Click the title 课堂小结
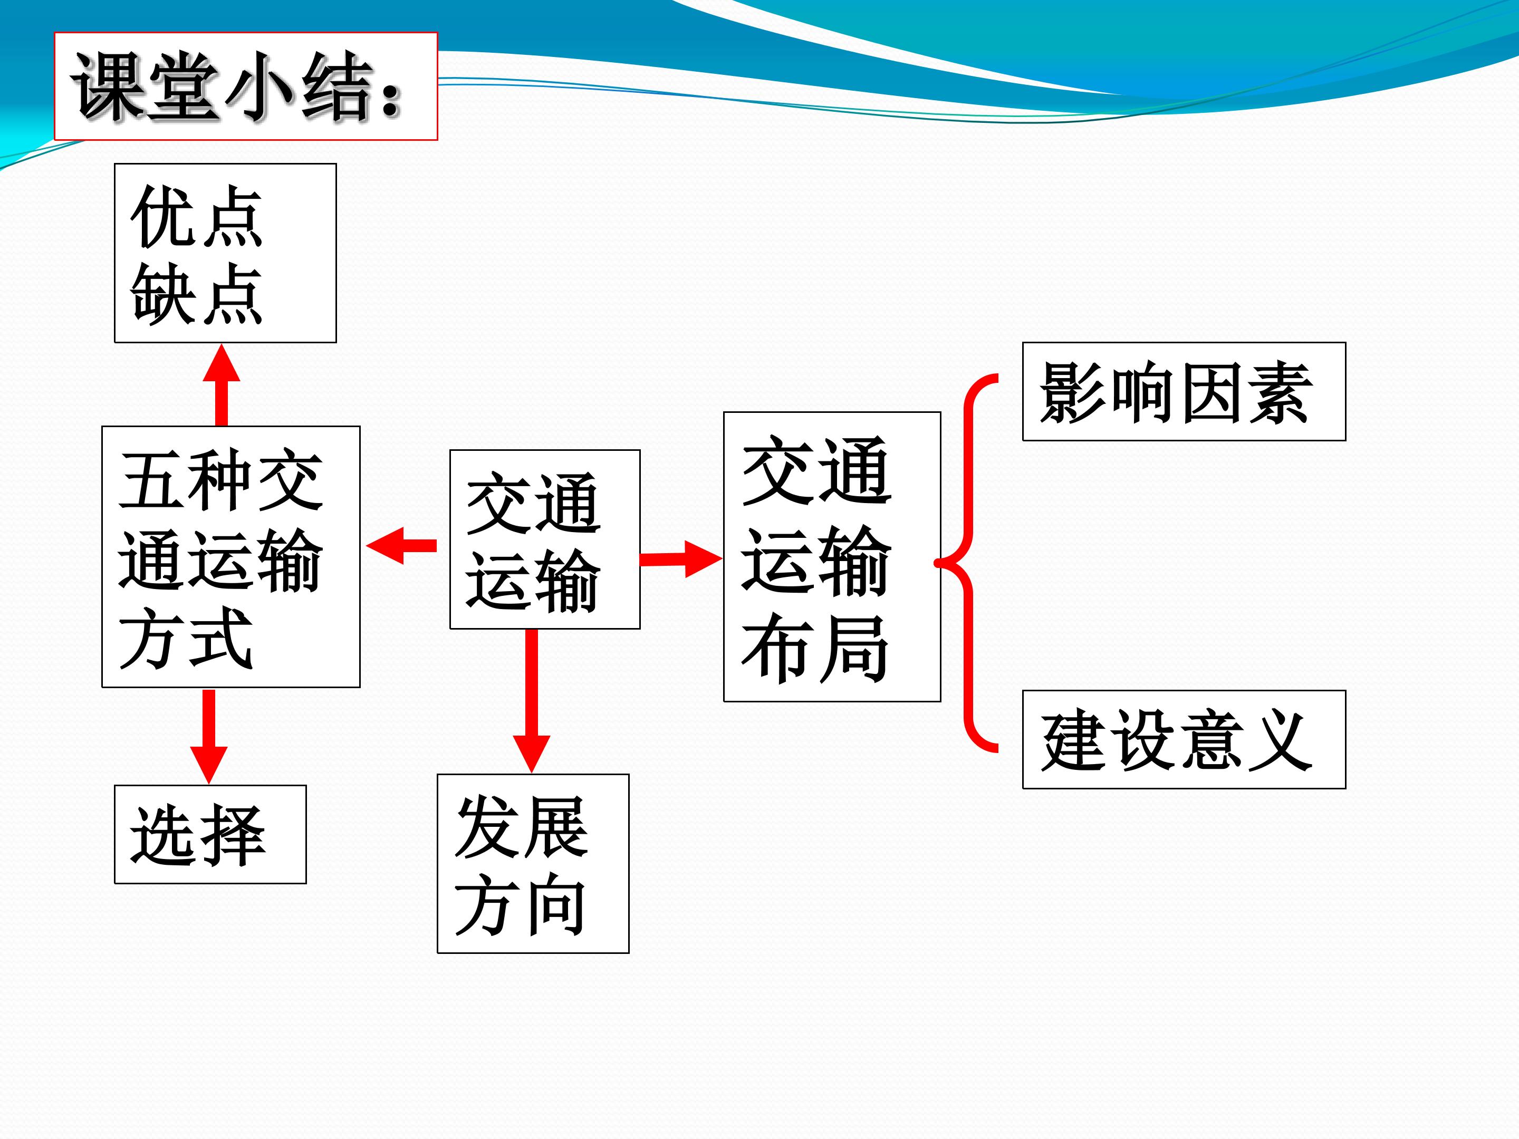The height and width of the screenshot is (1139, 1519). pos(237,87)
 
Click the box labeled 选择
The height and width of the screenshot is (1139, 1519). pos(209,834)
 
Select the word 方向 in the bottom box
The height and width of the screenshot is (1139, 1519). pos(520,905)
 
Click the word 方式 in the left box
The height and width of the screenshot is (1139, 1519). pos(186,639)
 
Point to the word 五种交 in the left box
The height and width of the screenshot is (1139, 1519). pos(221,480)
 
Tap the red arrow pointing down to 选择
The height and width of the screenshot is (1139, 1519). pos(209,735)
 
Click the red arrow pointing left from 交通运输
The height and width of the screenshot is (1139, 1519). pos(402,546)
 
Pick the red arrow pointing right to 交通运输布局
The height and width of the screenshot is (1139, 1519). pos(680,559)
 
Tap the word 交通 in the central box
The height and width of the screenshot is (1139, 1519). pos(533,503)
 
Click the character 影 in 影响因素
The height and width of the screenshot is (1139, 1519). pos(1073,392)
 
